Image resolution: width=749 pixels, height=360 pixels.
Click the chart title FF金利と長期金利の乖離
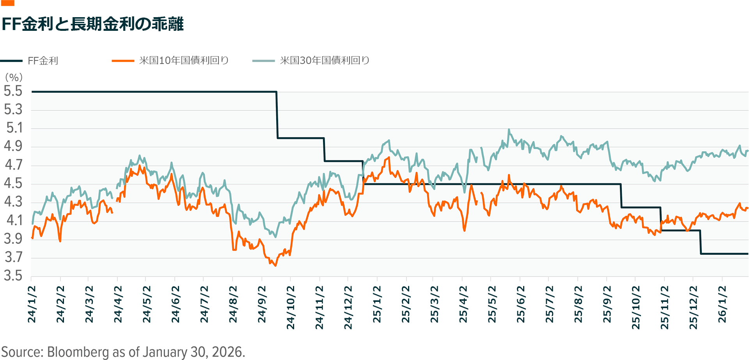[92, 24]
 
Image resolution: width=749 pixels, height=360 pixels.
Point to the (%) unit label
[14, 77]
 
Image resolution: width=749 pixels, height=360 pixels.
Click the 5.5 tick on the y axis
[13, 91]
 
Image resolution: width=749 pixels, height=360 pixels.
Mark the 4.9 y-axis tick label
[13, 147]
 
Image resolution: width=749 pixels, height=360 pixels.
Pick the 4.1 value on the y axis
[13, 220]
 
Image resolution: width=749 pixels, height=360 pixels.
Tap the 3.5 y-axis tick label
[13, 276]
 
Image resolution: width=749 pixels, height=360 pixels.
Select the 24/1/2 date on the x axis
[32, 304]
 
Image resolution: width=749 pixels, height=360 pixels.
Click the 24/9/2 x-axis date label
[262, 304]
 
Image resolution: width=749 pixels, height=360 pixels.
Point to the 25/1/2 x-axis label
[377, 304]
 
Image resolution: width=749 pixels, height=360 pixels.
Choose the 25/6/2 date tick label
[521, 304]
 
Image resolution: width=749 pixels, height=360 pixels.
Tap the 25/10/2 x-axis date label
[636, 307]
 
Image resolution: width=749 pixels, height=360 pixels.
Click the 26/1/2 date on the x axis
[722, 304]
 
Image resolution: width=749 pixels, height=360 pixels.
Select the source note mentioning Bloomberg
[123, 352]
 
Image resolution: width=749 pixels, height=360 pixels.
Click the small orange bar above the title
[8, 3]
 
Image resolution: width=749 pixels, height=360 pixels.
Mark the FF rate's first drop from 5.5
[277, 115]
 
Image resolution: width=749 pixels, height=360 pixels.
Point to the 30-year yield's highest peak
[509, 129]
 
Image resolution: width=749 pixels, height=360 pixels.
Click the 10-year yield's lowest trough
[275, 266]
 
